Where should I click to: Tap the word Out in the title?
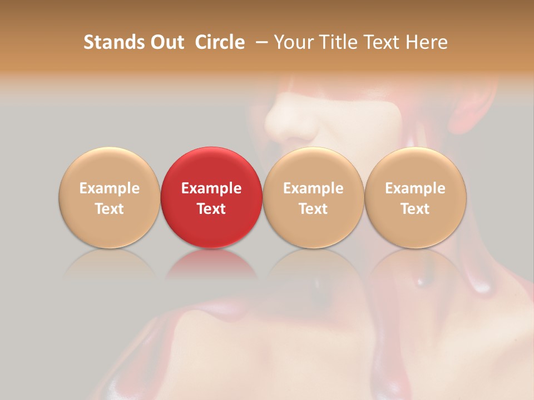pyautogui.click(x=165, y=42)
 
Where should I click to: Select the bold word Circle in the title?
pyautogui.click(x=220, y=42)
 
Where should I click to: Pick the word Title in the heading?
pyautogui.click(x=338, y=42)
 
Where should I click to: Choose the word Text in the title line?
pyautogui.click(x=382, y=42)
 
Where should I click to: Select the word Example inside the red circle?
pyautogui.click(x=211, y=188)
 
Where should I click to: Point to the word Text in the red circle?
pyautogui.click(x=211, y=209)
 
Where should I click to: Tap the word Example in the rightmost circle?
pyautogui.click(x=416, y=188)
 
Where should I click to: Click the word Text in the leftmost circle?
pyautogui.click(x=109, y=209)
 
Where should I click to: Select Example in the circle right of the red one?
pyautogui.click(x=313, y=188)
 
